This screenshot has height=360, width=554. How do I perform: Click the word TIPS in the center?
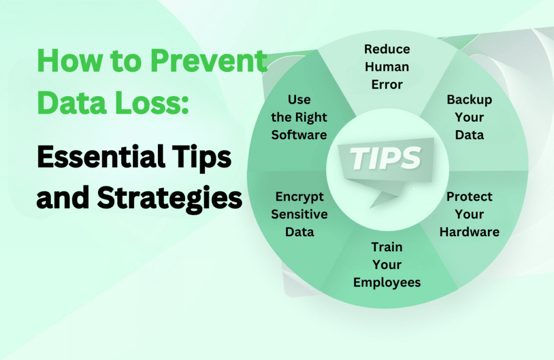click(385, 158)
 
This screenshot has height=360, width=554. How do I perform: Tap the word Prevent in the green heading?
click(208, 61)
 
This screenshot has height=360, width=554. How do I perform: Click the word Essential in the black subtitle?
click(101, 157)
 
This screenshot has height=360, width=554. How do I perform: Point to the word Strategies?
click(169, 199)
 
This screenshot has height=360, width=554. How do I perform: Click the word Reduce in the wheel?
click(387, 49)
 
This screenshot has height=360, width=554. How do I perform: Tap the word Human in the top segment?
click(387, 66)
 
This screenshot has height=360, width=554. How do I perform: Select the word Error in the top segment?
click(387, 84)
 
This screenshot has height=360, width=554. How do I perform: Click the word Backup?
click(469, 100)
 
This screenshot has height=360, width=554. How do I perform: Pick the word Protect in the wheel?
click(469, 197)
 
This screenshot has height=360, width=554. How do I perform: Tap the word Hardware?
click(469, 232)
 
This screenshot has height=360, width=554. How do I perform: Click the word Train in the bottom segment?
click(387, 246)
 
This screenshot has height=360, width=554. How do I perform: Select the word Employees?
click(387, 283)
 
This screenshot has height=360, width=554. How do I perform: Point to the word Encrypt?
click(299, 197)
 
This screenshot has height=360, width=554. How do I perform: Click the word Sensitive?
click(299, 214)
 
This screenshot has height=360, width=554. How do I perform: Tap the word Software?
click(299, 135)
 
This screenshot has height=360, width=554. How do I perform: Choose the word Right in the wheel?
click(311, 117)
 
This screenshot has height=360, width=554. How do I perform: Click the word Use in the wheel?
click(299, 99)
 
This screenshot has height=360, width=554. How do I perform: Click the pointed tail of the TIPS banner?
click(372, 207)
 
